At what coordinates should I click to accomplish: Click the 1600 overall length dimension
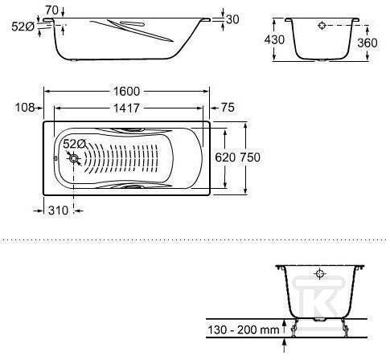(x=126, y=92)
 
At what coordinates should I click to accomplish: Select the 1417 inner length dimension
(x=126, y=108)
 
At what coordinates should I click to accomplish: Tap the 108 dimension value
(x=25, y=108)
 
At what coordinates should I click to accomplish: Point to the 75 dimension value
(x=228, y=108)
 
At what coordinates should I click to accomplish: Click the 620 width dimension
(x=225, y=157)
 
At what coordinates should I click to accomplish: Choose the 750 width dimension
(x=250, y=157)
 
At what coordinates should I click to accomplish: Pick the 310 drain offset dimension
(x=58, y=211)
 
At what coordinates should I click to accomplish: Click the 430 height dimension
(x=274, y=40)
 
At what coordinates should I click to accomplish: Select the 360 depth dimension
(x=367, y=43)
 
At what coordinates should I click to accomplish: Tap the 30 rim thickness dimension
(x=232, y=19)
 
